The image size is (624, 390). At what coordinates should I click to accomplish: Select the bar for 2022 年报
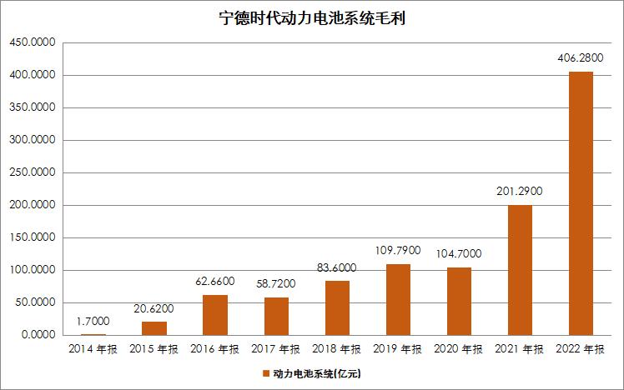point(581,203)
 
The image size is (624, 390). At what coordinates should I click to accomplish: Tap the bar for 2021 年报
point(520,270)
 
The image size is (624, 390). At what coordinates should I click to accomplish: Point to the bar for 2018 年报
point(337,308)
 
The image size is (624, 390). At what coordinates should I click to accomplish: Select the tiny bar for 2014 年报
point(93,334)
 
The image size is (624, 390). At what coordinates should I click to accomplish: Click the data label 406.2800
point(581,59)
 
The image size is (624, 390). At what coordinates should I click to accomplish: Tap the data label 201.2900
point(520,192)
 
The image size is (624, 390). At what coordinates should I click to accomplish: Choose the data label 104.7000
point(459,254)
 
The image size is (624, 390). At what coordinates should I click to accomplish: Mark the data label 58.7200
point(276,284)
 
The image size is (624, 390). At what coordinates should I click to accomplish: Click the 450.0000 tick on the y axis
point(32,42)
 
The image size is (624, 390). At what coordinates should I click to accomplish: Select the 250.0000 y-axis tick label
point(32,172)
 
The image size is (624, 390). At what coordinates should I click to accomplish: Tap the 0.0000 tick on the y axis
point(38,335)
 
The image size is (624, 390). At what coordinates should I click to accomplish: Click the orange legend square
point(266,373)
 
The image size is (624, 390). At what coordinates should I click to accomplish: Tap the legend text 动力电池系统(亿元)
point(317,373)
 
